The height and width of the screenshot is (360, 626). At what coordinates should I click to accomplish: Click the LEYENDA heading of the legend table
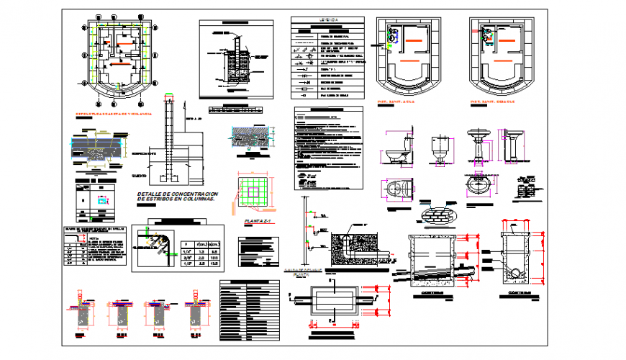tap(328, 21)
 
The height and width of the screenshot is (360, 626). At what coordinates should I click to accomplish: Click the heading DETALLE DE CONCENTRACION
tap(176, 194)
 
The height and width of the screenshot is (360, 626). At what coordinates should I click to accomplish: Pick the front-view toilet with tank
tap(440, 152)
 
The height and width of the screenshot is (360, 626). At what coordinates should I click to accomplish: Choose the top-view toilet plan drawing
tap(398, 189)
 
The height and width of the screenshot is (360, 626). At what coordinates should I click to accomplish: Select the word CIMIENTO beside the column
tap(140, 176)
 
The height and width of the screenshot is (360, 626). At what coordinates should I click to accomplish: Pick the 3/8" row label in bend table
tap(187, 256)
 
